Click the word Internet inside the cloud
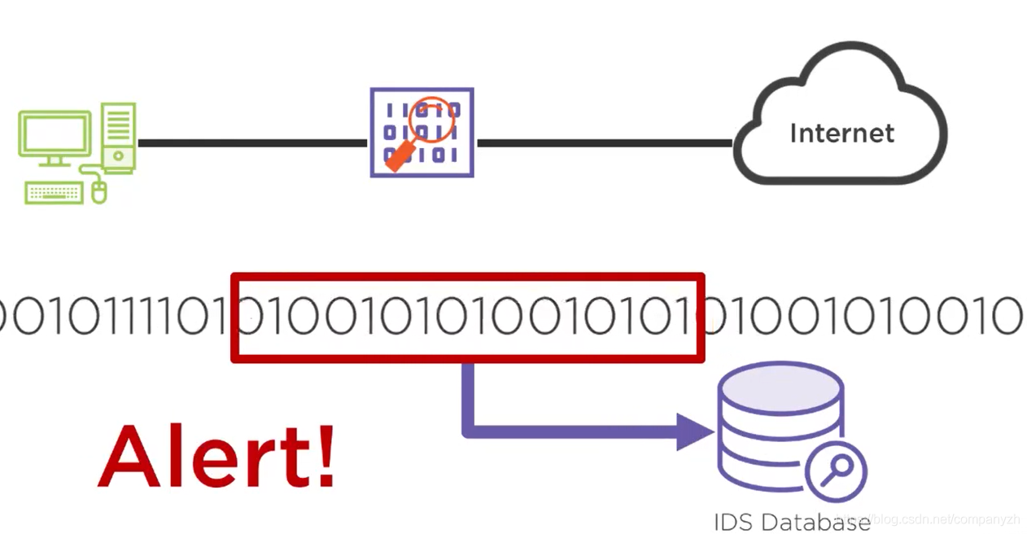click(841, 133)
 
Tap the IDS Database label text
click(791, 522)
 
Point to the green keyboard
click(54, 193)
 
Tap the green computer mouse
click(99, 192)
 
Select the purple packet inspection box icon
click(422, 133)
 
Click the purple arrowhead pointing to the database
click(694, 431)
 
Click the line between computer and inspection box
click(252, 143)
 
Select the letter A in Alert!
click(131, 456)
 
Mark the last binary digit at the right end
click(1007, 317)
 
